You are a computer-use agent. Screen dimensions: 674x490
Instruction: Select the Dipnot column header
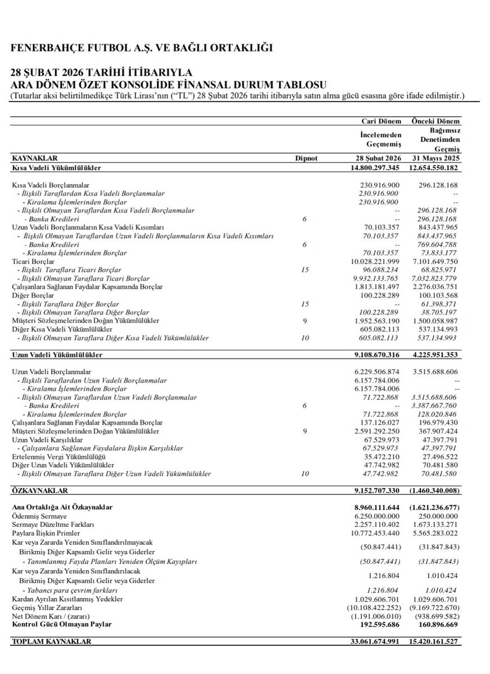306,158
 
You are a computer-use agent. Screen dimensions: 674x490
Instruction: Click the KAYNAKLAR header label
35,158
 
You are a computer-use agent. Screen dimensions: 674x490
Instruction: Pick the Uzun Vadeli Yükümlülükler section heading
57,355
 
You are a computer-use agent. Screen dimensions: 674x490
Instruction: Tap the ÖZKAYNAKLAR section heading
39,490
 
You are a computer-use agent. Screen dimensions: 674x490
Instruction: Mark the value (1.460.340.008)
434,490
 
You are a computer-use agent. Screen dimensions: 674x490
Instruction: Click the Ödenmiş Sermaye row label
39,516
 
